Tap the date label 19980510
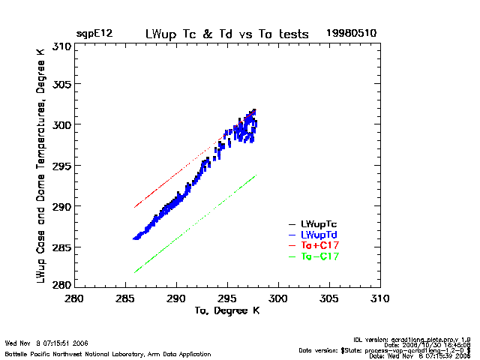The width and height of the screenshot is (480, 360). tap(351, 34)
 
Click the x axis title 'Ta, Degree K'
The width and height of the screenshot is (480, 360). tap(226, 310)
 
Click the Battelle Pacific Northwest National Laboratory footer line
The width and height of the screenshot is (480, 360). tap(108, 354)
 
